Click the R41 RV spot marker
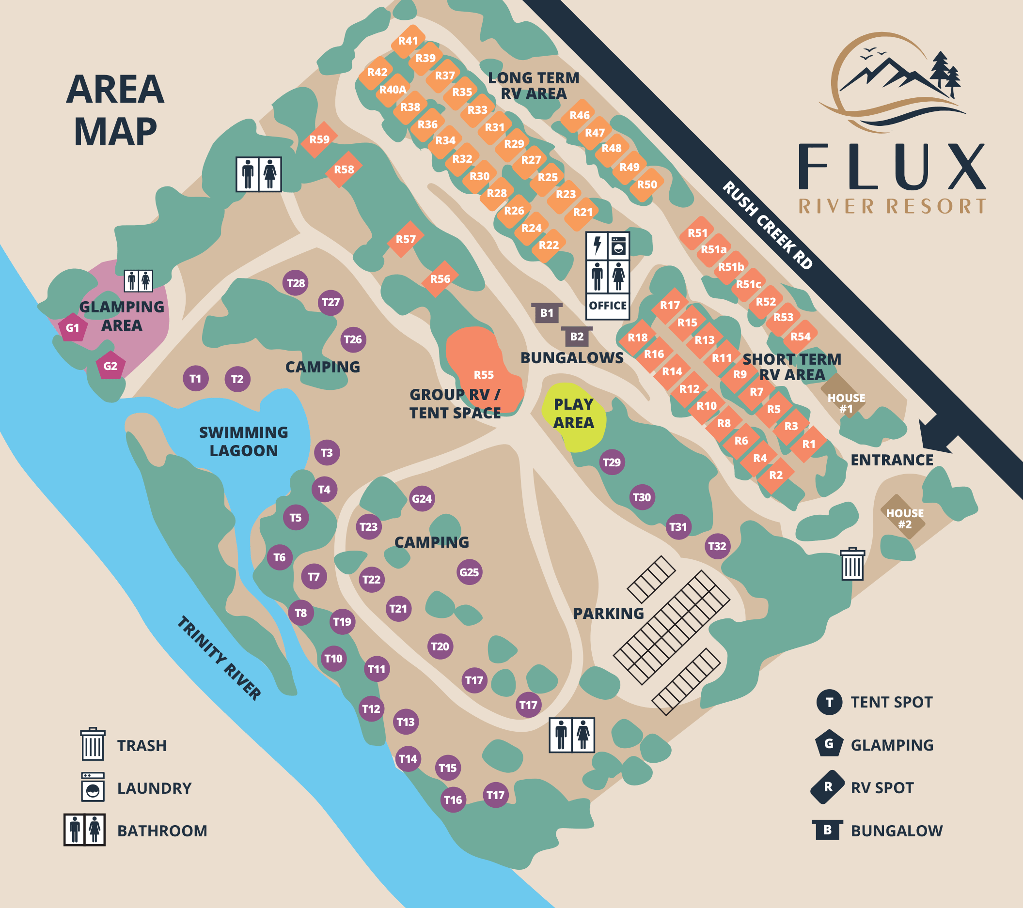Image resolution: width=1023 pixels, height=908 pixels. click(408, 41)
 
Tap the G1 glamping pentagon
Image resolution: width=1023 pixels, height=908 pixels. click(73, 328)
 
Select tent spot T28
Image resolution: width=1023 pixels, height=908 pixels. click(295, 283)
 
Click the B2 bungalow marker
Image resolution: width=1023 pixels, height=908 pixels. click(577, 337)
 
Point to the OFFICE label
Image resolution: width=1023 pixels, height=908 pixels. click(608, 306)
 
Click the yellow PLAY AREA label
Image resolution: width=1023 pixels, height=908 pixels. click(574, 413)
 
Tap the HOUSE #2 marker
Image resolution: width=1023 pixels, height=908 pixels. click(904, 518)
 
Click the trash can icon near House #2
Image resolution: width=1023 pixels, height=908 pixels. click(852, 564)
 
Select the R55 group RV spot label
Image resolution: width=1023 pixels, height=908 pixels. click(484, 375)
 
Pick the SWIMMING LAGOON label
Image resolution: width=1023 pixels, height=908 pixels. click(244, 441)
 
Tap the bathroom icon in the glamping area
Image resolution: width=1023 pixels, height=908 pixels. click(139, 281)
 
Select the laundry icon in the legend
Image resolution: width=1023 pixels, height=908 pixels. click(93, 787)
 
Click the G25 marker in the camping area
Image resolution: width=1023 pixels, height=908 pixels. click(469, 572)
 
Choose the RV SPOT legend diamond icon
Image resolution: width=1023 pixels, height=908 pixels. click(828, 787)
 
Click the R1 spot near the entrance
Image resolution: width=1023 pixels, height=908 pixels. click(809, 444)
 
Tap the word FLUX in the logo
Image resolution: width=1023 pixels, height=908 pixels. click(891, 167)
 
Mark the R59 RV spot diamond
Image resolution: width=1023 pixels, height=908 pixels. click(319, 139)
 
